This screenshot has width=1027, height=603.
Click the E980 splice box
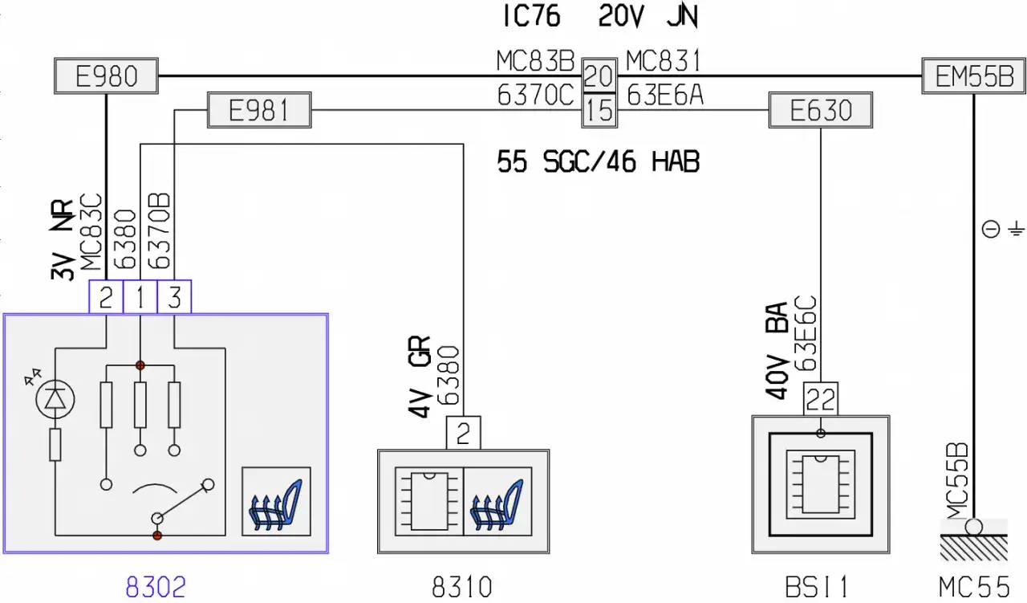[x=106, y=75]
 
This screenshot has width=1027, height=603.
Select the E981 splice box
[x=259, y=110]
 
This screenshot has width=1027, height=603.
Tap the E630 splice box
[x=820, y=110]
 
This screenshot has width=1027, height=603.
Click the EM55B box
[x=974, y=75]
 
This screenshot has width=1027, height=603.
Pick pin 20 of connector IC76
[x=599, y=75]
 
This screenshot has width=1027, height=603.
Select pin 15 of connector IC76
[x=599, y=111]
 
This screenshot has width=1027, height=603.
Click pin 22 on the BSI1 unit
[x=820, y=399]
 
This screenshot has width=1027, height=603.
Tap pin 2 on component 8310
[x=463, y=433]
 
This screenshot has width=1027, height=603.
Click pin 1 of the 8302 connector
[x=140, y=297]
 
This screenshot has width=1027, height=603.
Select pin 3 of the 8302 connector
[x=174, y=297]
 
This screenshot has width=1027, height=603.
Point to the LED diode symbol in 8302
[x=55, y=399]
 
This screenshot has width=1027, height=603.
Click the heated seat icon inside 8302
[x=276, y=501]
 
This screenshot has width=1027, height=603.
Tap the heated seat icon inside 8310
[x=497, y=501]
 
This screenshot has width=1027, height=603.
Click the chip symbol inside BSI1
[x=820, y=484]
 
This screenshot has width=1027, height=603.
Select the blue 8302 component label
[x=156, y=587]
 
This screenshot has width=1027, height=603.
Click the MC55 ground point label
[x=974, y=587]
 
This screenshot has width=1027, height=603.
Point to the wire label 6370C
[x=535, y=96]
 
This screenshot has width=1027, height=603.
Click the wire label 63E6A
[x=665, y=96]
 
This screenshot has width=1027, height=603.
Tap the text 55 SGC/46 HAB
[x=599, y=162]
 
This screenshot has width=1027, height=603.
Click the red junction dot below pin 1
[x=140, y=365]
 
